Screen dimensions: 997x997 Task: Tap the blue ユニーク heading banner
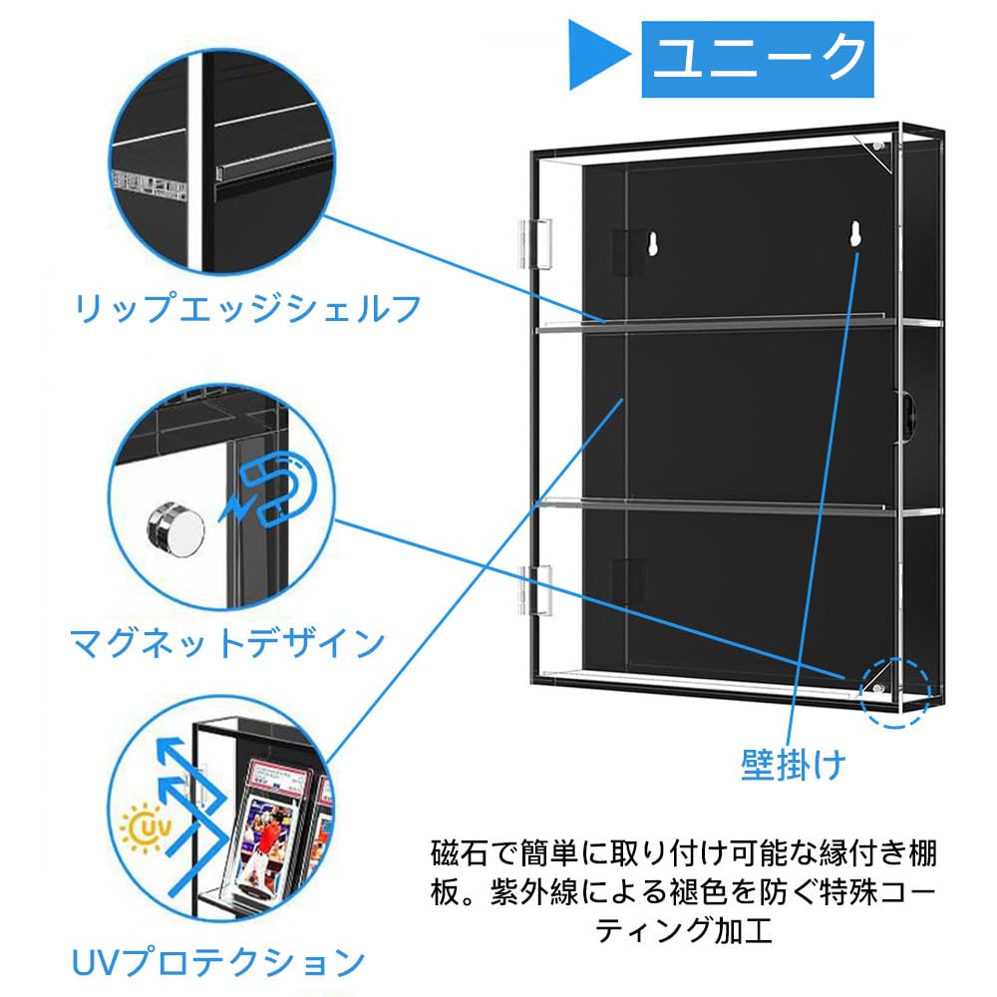[758, 59]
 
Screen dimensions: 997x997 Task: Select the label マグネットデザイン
[227, 642]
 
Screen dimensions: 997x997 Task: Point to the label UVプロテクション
[217, 962]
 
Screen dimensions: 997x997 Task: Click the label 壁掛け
[793, 766]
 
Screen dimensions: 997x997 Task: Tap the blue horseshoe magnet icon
[282, 489]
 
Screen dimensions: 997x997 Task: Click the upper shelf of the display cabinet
[738, 325]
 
